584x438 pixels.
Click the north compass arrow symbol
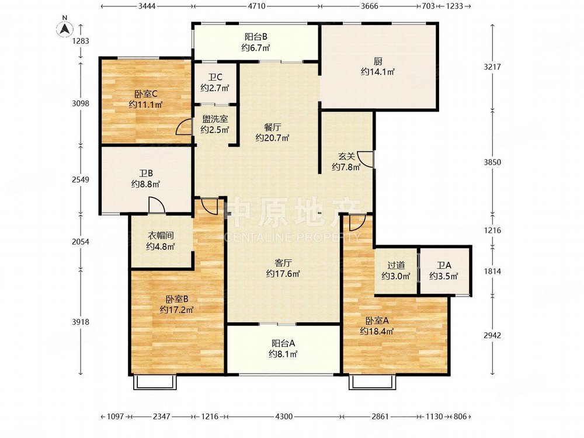pyautogui.click(x=66, y=27)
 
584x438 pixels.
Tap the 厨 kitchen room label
pyautogui.click(x=378, y=60)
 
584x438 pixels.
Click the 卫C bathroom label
pyautogui.click(x=215, y=77)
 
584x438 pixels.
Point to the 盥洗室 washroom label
pyautogui.click(x=214, y=119)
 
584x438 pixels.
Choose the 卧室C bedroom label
pyautogui.click(x=145, y=93)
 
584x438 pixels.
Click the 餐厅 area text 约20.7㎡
pyautogui.click(x=272, y=138)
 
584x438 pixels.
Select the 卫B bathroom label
pyautogui.click(x=145, y=173)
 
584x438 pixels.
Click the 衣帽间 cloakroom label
pyautogui.click(x=161, y=235)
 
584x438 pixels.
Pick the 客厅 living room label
pyautogui.click(x=283, y=262)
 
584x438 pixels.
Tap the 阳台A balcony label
pyautogui.click(x=283, y=343)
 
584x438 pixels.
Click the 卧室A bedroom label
pyautogui.click(x=377, y=321)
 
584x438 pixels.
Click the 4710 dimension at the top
pyautogui.click(x=256, y=6)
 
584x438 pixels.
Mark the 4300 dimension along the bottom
pyautogui.click(x=283, y=416)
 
